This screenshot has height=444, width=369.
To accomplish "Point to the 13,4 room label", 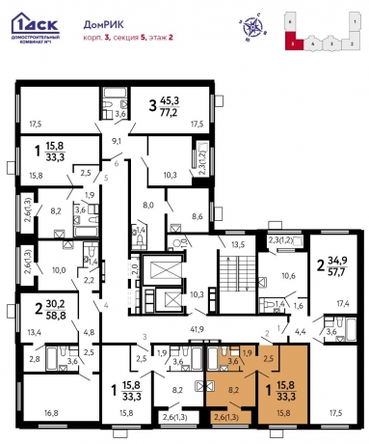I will point(33,333).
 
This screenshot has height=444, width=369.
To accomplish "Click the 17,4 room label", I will point(342,305).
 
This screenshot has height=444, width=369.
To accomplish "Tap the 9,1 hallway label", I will point(117,141).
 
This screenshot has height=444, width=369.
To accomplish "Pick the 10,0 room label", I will point(58,271).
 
